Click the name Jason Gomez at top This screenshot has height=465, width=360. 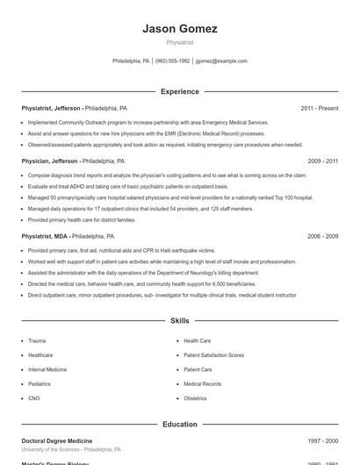tap(180, 29)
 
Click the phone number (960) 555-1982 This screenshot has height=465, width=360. tap(172, 61)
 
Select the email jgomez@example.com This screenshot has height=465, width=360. tap(221, 61)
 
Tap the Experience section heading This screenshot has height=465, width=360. tap(180, 91)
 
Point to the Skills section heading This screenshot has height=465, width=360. tap(180, 321)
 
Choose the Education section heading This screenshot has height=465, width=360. tap(180, 425)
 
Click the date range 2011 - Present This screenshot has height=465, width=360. tap(319, 108)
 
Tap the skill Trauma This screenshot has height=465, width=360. tap(37, 340)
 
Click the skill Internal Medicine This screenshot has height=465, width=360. tap(47, 369)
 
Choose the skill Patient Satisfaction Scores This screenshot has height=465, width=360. tap(213, 355)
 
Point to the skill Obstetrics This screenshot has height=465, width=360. tap(195, 398)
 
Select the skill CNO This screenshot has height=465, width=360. tap(34, 398)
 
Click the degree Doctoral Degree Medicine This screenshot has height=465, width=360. tap(57, 440)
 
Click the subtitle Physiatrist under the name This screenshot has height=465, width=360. tap(180, 42)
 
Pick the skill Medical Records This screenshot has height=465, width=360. tap(202, 383)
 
